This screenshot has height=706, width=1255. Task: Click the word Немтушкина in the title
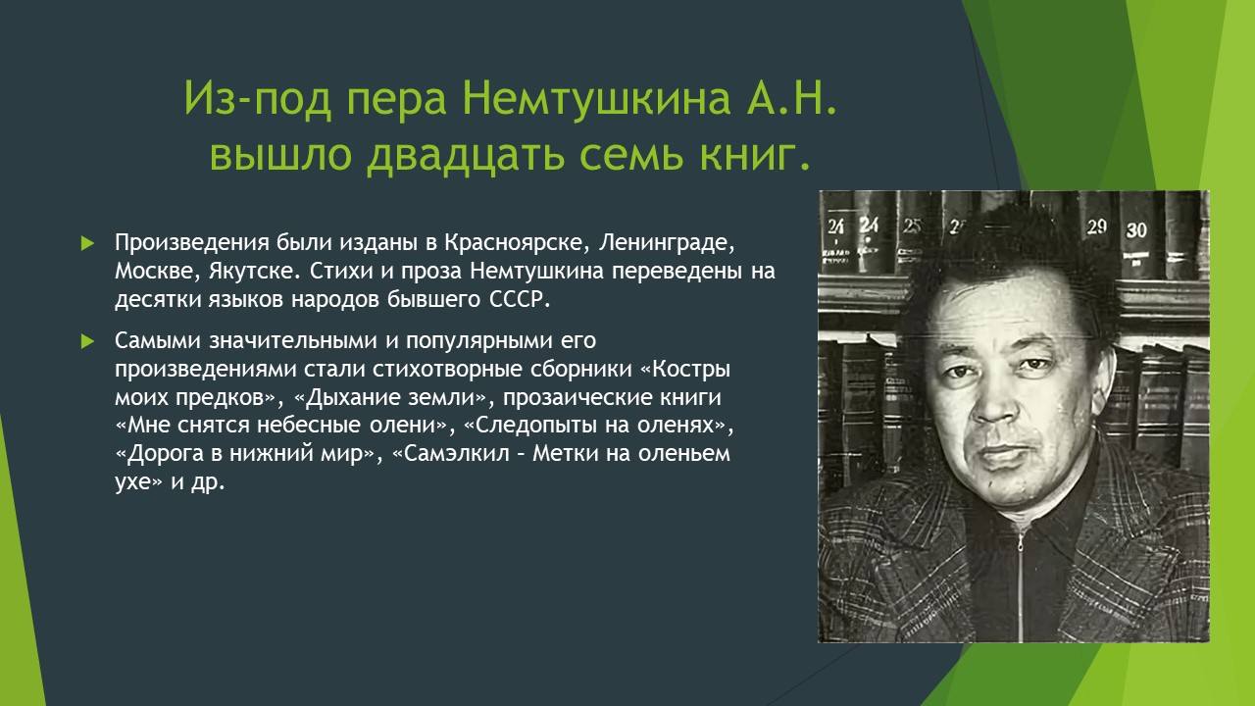[x=597, y=99]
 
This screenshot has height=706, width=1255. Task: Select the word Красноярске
[x=517, y=243]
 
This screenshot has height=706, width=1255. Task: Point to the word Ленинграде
[x=667, y=243]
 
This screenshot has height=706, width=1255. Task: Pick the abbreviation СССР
[x=520, y=299]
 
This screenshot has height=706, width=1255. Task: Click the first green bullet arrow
[x=87, y=243]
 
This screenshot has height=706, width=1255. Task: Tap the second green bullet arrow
[x=87, y=340]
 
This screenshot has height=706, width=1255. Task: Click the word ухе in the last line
[x=132, y=482]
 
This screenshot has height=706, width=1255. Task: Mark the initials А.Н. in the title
[x=791, y=99]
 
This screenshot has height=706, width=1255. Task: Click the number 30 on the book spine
[x=1136, y=229]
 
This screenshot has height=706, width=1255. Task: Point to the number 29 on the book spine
[x=1096, y=227]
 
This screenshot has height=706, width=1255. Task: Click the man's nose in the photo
[x=994, y=401]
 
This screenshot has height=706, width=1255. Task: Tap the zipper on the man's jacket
[x=1021, y=582]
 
